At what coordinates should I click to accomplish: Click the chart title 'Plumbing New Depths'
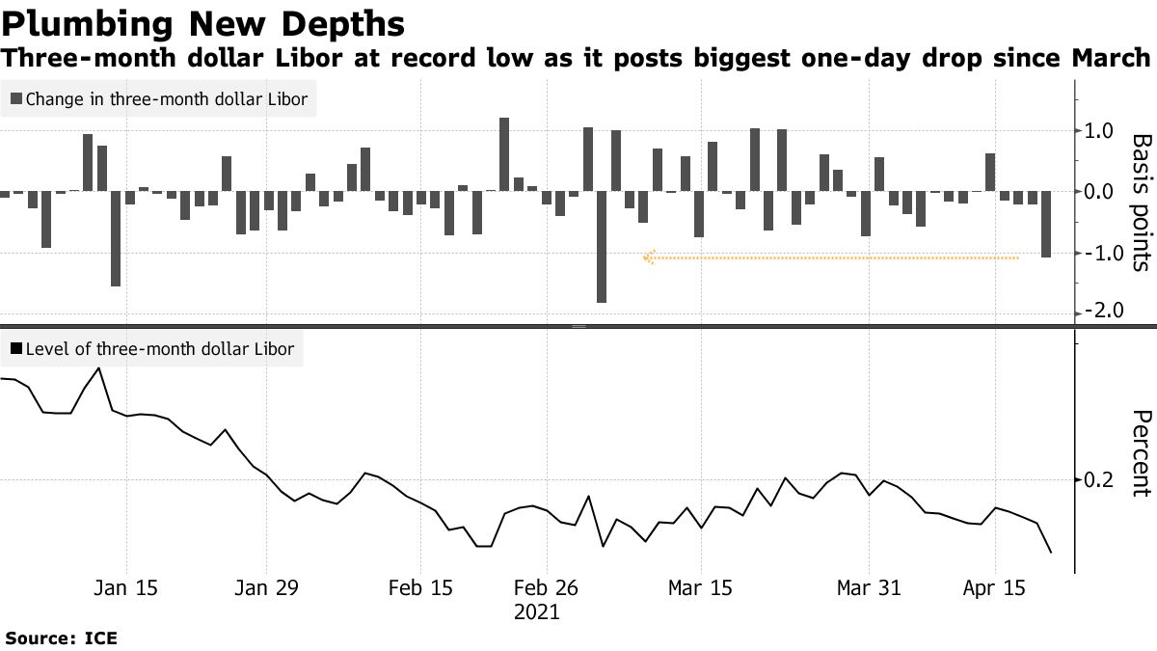(x=203, y=22)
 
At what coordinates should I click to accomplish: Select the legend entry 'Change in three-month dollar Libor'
(x=158, y=98)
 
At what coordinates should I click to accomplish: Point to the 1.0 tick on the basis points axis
(x=1099, y=131)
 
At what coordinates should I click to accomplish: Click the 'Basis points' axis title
(x=1141, y=203)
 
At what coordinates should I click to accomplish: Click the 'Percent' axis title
(x=1141, y=453)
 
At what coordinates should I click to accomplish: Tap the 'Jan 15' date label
(x=126, y=587)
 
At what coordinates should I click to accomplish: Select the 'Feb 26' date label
(x=546, y=587)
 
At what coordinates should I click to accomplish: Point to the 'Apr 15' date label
(x=993, y=587)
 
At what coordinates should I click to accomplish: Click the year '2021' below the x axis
(x=536, y=612)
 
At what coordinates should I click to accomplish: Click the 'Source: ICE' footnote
(x=61, y=637)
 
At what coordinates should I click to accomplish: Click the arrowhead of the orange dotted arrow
(x=648, y=258)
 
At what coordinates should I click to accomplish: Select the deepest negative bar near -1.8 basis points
(x=602, y=247)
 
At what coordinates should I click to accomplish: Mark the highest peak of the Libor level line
(x=98, y=368)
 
